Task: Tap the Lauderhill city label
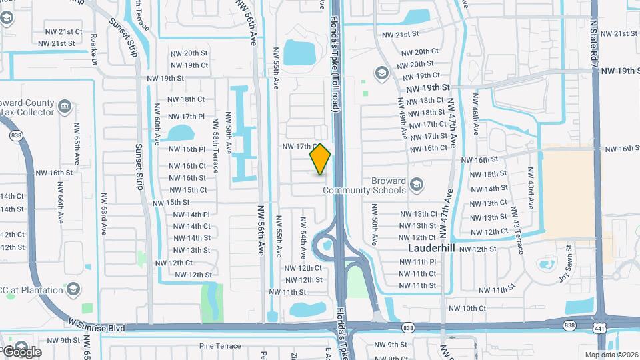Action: coord(434,247)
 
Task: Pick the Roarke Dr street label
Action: coord(95,50)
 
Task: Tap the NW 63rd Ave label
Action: coord(104,215)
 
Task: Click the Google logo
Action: coord(21,351)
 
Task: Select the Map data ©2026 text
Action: coord(611,354)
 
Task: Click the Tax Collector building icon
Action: coord(65,106)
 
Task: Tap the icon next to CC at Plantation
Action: coord(73,289)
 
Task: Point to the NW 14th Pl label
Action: coord(191,215)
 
